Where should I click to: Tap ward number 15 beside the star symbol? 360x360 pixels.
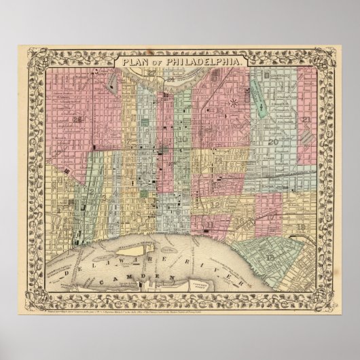[221, 109]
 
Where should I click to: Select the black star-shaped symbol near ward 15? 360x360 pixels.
[234, 103]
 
